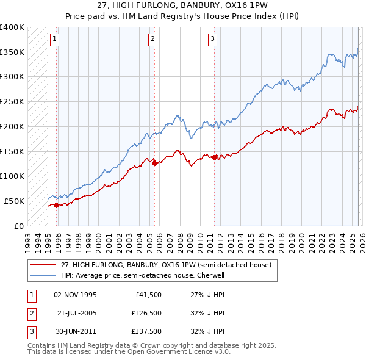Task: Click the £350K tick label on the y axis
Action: point(12,52)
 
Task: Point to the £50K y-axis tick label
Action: point(14,201)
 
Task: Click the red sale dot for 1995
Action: point(57,205)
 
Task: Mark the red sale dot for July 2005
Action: point(154,163)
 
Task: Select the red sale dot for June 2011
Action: point(215,157)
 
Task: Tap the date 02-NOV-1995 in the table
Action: point(75,294)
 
